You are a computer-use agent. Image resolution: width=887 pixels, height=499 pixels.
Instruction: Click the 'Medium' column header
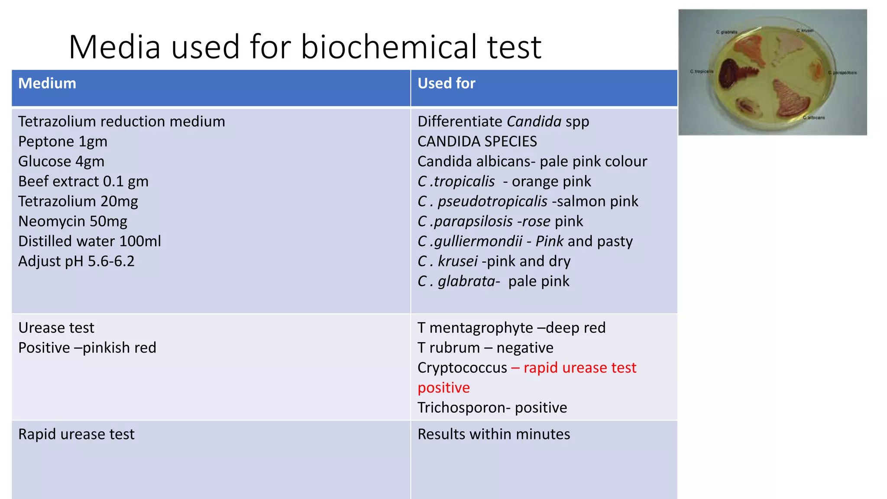point(47,83)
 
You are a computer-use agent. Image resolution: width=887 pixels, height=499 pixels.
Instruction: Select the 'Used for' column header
point(446,83)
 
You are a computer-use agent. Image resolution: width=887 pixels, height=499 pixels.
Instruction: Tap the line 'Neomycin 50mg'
point(73,221)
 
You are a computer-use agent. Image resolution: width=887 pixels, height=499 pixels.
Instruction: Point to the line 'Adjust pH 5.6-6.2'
point(76,261)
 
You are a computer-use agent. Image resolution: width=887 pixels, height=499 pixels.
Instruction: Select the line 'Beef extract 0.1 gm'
point(83,181)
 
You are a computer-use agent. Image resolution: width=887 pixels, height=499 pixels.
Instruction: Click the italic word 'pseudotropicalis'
point(492,201)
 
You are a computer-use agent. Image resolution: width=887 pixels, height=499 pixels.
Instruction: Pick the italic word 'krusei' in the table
point(457,261)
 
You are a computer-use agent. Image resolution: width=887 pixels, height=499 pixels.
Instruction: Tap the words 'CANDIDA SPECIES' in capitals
point(477,142)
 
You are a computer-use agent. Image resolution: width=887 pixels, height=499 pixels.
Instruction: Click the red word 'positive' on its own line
point(443,388)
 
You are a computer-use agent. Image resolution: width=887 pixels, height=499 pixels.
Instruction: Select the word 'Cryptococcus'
point(462,368)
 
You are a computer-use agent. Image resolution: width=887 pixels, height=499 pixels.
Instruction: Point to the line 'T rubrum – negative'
point(485,348)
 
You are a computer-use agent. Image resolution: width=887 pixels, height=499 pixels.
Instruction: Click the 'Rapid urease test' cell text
point(76,434)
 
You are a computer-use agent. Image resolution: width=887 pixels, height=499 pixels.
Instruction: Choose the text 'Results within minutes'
point(494,434)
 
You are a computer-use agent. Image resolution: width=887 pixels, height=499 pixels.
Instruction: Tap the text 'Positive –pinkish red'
point(87,348)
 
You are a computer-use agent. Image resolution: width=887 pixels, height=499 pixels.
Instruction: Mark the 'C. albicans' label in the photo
point(814,117)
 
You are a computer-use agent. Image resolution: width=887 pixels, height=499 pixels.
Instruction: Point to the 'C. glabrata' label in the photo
point(726,32)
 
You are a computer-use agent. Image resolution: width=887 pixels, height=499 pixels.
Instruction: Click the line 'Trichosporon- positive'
point(492,408)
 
